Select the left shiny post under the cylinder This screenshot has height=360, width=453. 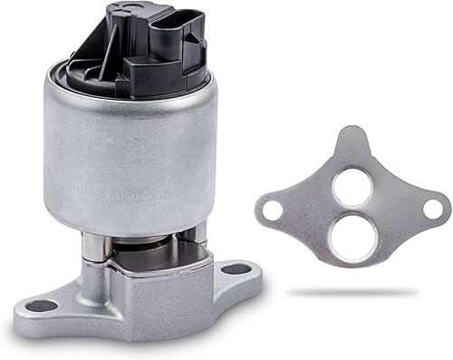[x=96, y=247]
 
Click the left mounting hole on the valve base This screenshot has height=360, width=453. [x=38, y=306]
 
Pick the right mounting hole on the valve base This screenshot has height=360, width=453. [x=236, y=268]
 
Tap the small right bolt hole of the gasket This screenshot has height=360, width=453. [x=432, y=209]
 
